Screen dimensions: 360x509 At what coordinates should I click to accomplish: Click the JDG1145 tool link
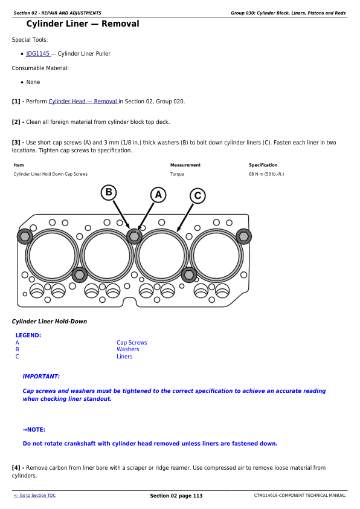(x=38, y=54)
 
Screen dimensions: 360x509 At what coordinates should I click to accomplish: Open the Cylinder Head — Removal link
(x=83, y=102)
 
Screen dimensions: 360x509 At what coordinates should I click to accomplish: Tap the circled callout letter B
(x=109, y=192)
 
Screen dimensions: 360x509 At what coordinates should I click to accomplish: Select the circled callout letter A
(x=158, y=195)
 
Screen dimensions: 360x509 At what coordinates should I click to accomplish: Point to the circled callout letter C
(x=198, y=196)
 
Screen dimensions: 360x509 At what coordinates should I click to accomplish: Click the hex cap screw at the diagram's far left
(x=25, y=236)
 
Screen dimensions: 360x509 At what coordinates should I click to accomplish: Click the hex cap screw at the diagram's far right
(x=243, y=236)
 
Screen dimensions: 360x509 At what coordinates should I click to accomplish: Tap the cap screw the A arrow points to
(x=134, y=236)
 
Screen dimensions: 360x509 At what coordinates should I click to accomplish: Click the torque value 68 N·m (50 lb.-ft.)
(x=266, y=174)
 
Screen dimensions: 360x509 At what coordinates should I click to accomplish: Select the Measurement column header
(x=185, y=165)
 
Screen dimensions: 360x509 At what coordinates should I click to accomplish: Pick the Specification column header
(x=263, y=165)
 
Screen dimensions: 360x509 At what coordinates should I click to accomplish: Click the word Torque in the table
(x=177, y=174)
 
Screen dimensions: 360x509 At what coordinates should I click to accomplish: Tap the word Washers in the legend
(x=128, y=349)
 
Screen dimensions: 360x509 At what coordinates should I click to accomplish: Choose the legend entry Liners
(x=124, y=357)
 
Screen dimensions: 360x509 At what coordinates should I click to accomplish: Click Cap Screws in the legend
(x=132, y=343)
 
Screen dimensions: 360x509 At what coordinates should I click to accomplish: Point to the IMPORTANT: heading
(x=41, y=377)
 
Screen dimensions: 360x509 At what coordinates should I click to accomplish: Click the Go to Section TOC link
(x=34, y=495)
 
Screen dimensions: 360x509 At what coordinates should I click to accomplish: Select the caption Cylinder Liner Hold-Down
(x=50, y=322)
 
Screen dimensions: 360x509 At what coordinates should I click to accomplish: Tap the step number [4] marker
(x=16, y=468)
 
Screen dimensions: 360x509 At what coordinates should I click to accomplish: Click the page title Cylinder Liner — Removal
(x=83, y=24)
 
